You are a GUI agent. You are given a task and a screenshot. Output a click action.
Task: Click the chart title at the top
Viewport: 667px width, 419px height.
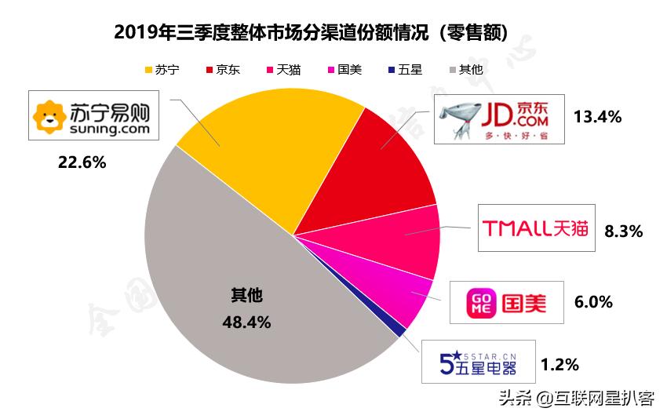pos(311,32)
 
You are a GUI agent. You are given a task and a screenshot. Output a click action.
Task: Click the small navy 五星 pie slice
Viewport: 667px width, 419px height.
pos(401,332)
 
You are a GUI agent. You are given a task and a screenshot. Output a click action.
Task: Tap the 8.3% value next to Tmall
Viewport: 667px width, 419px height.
pos(624,231)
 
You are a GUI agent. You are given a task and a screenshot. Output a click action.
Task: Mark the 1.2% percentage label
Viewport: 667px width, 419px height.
pos(559,364)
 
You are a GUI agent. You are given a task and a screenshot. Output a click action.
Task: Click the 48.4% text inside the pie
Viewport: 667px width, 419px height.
pos(247,322)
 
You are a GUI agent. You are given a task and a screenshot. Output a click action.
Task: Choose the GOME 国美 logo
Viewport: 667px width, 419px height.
pos(506,302)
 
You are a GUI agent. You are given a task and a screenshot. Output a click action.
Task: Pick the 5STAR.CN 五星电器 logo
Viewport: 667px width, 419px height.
pos(478,362)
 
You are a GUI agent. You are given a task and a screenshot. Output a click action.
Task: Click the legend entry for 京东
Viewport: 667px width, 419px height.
pos(223,69)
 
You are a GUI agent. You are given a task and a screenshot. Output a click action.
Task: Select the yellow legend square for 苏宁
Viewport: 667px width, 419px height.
pos(148,70)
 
